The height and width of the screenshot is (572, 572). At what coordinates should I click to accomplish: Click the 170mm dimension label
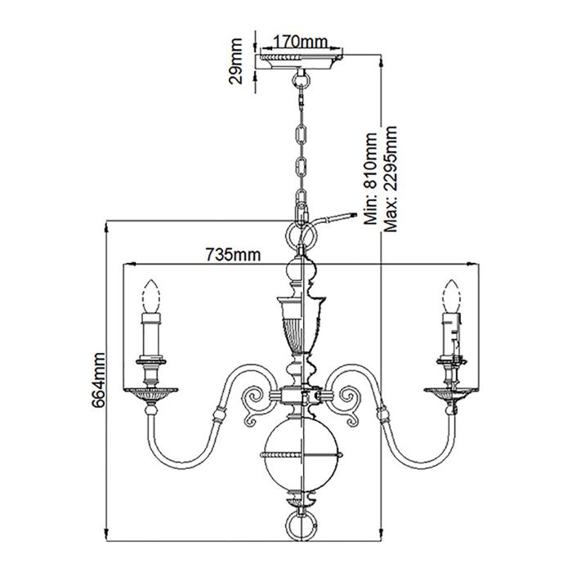[296, 41]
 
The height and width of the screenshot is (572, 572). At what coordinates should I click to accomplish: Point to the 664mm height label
[100, 382]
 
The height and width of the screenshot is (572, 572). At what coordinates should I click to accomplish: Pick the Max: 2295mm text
[391, 180]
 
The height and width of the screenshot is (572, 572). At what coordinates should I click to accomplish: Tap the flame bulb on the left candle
[150, 295]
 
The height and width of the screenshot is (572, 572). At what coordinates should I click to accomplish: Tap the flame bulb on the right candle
[449, 295]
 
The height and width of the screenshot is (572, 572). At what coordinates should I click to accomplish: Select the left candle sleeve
[150, 335]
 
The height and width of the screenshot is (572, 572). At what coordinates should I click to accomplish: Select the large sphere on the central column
[299, 454]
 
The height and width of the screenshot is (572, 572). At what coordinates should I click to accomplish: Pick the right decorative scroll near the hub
[346, 409]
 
